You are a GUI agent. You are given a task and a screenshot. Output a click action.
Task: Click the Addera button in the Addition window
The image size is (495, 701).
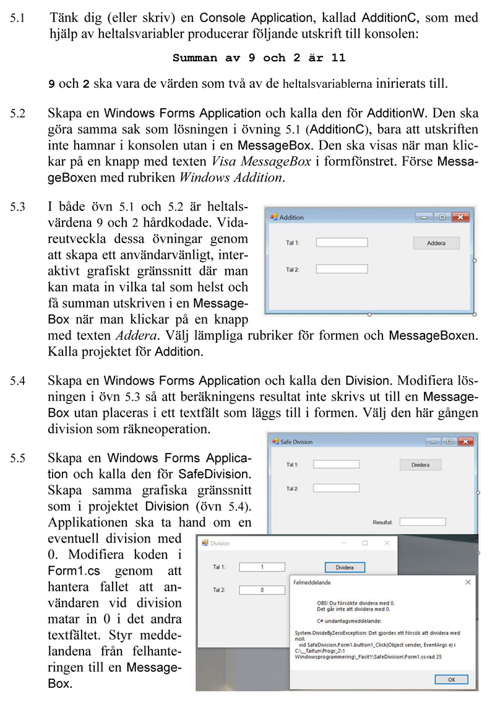coord(436,243)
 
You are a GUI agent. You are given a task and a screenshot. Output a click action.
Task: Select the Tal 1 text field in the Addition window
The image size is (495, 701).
coord(342,243)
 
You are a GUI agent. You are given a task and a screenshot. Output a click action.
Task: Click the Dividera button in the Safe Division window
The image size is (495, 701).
coord(421,464)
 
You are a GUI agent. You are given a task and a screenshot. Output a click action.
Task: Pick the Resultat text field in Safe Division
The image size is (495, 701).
coord(423,522)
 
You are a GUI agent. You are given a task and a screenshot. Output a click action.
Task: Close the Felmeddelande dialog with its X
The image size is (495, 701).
coord(468,582)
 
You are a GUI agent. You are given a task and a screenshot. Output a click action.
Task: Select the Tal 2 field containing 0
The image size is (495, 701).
coord(262,590)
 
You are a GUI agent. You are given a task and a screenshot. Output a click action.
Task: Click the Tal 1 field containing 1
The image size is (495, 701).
coord(262,567)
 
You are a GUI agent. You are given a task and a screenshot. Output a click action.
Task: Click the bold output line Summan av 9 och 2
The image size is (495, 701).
coord(259,58)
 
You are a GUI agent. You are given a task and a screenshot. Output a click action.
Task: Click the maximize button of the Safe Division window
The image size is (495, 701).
coord(448,442)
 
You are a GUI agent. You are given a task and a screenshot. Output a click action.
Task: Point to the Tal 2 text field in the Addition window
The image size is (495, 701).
coord(342,269)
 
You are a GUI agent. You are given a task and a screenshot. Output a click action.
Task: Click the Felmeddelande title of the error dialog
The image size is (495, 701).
coord(311,582)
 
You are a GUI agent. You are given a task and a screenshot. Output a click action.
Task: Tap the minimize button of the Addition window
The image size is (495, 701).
coord(424,217)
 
